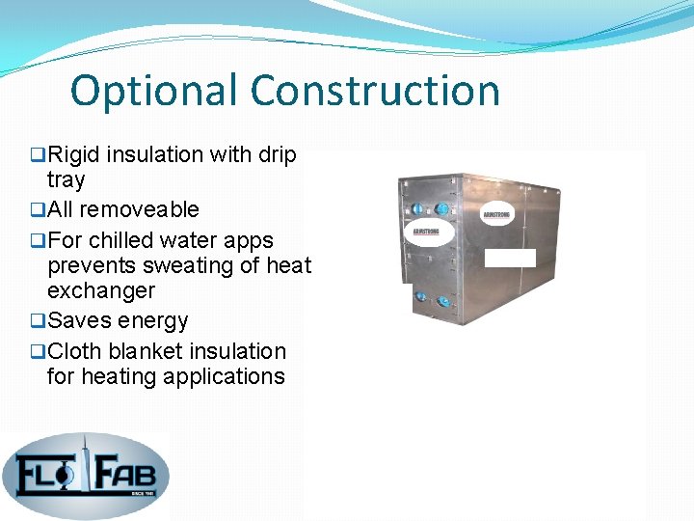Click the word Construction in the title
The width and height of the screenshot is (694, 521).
point(376,92)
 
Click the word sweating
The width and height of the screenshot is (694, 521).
point(195,265)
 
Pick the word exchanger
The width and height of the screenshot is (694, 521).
point(100,290)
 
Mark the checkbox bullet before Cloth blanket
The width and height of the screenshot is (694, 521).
point(38,351)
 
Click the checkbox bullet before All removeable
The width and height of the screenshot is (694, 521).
point(38,210)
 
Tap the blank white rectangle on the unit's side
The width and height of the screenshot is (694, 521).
point(509,257)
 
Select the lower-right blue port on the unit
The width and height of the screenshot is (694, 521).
point(444,302)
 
